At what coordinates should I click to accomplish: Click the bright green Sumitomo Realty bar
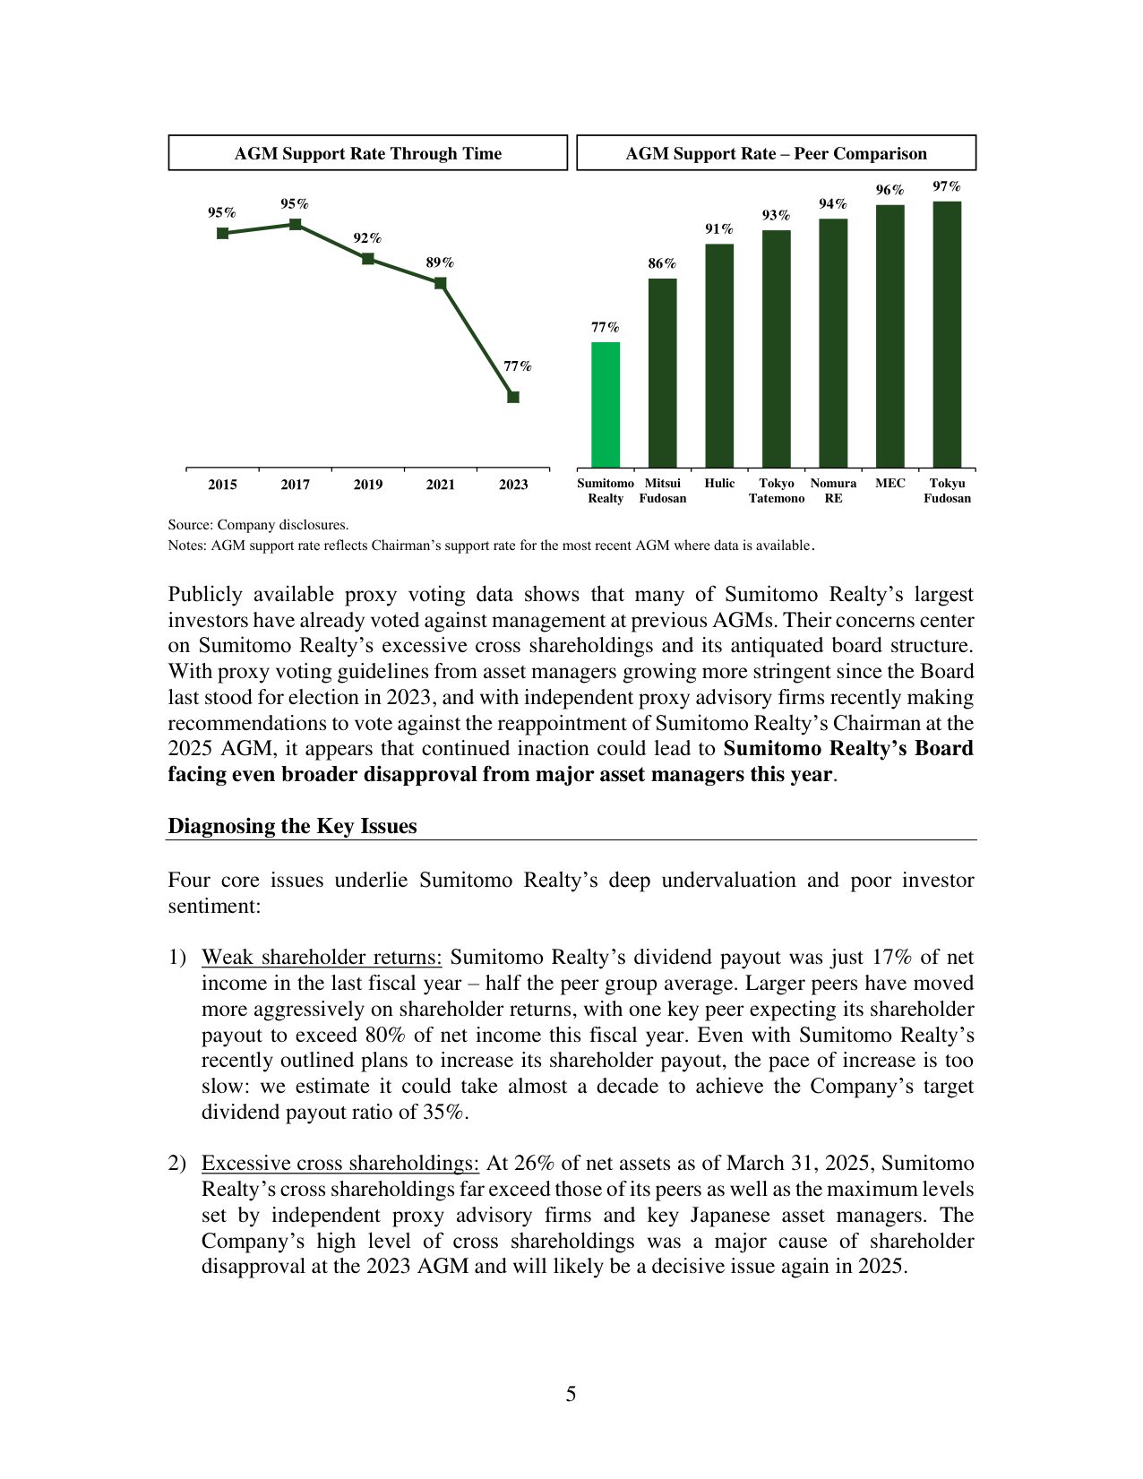coord(605,404)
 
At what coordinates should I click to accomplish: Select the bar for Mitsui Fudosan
coord(662,373)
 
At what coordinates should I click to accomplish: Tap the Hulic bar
coord(719,355)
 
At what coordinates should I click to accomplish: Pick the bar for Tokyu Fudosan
coord(947,333)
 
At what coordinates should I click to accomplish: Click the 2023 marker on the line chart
coord(513,397)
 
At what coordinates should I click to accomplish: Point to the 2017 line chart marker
coord(295,224)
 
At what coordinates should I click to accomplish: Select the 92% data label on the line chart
coord(367,238)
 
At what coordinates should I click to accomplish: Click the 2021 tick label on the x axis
coord(440,485)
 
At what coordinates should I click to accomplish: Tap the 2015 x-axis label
coord(222,485)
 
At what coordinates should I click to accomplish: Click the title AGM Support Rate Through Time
coord(367,153)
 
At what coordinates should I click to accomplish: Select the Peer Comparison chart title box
coord(776,153)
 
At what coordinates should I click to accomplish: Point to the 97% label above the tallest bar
coord(947,186)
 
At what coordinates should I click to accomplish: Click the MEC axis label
coord(889,483)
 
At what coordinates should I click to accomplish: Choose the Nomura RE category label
coord(833,490)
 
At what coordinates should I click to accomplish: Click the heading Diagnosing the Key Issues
coord(292,826)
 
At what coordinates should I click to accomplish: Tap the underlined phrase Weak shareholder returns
coord(322,958)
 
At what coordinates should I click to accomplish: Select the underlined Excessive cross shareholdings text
coord(340,1164)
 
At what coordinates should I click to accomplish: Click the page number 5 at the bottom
coord(571,1394)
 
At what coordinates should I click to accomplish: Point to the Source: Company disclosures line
coord(258,525)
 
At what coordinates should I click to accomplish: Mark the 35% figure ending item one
coord(444,1113)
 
